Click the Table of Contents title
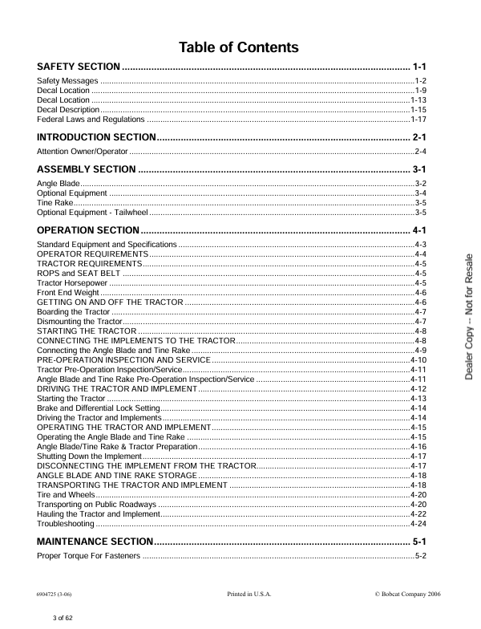point(239,47)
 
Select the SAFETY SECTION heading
point(79,65)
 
